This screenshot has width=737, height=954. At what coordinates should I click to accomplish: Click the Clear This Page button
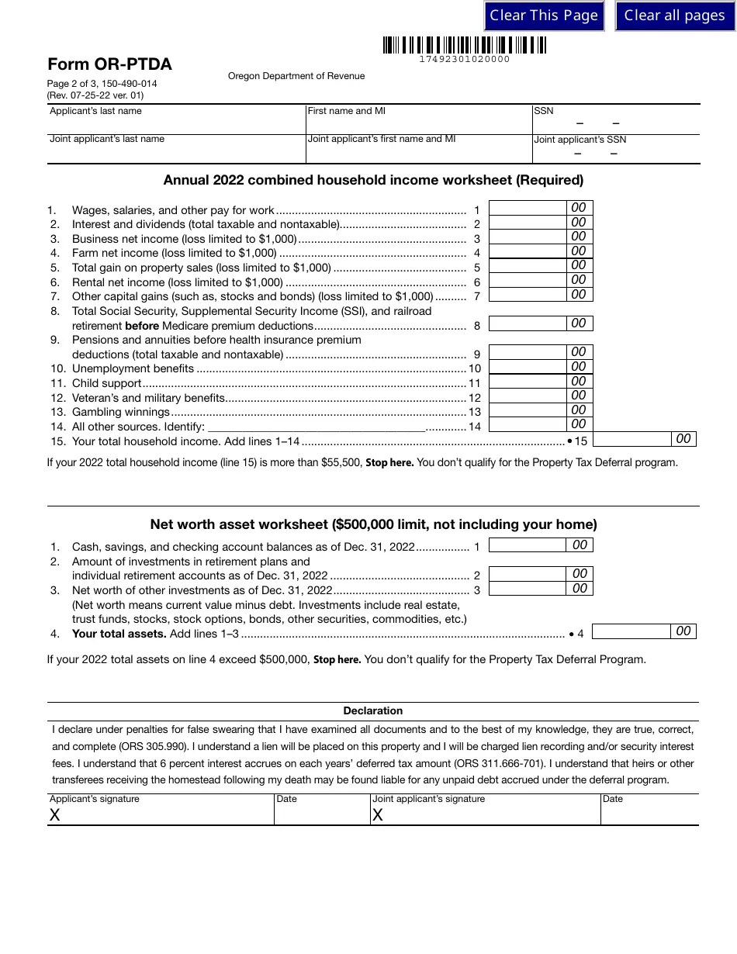[544, 16]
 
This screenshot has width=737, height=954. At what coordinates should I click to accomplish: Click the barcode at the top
[464, 46]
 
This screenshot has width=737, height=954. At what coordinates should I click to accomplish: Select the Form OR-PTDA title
[109, 64]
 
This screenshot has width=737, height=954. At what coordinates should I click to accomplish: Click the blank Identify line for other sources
[317, 426]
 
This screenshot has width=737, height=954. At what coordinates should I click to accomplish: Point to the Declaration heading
[373, 711]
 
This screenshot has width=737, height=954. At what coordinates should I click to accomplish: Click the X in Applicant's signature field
[55, 815]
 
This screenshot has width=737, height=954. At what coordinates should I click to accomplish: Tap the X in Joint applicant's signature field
[378, 815]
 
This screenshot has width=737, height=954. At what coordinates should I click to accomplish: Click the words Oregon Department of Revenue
[296, 76]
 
